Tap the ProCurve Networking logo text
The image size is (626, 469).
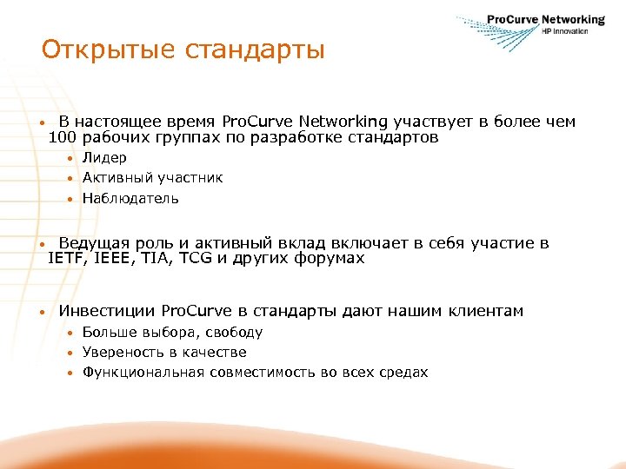pyautogui.click(x=545, y=19)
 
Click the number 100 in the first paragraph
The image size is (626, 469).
pyautogui.click(x=63, y=137)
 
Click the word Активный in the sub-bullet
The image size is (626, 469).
pyautogui.click(x=117, y=177)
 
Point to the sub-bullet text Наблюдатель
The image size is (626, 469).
pyautogui.click(x=130, y=198)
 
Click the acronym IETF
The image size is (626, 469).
pyautogui.click(x=67, y=258)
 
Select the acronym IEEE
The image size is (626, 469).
pyautogui.click(x=114, y=258)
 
